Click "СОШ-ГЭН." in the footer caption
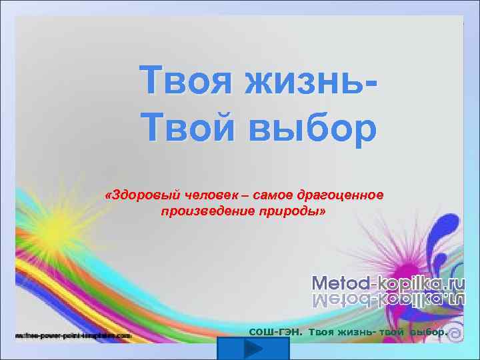[x=275, y=331]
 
